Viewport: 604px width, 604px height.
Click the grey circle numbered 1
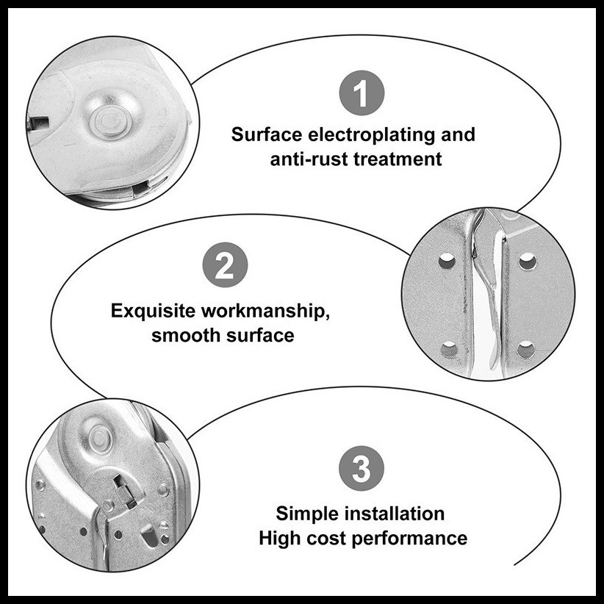pos(362,93)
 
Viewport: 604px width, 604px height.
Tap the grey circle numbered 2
pos(225,265)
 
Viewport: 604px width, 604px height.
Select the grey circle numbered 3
pos(362,468)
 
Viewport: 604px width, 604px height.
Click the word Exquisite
pos(153,312)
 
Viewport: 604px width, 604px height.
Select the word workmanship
pos(266,312)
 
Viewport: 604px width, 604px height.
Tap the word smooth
pos(186,335)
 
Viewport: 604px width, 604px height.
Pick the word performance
pos(409,539)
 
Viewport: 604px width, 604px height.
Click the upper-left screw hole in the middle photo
pos(447,262)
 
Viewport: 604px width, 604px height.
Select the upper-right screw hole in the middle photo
pos(528,262)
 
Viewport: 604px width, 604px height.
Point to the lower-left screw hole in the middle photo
pos(449,350)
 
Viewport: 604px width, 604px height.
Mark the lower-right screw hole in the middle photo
pos(526,350)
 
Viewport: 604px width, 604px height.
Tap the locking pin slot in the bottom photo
pos(125,490)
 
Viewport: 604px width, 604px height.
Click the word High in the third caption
pos(280,538)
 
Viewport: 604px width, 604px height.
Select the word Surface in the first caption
pos(267,134)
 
